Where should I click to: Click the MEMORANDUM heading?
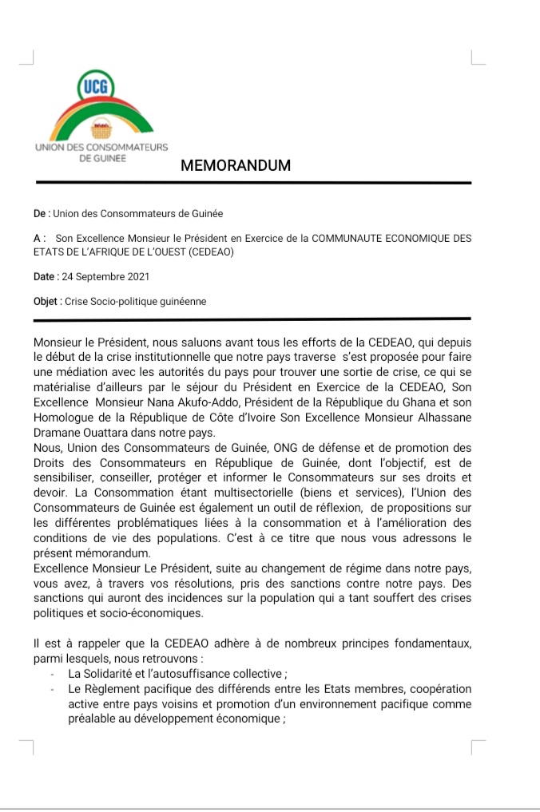tap(236, 166)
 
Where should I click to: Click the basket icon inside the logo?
tap(101, 128)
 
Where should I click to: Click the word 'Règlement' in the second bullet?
tap(120, 689)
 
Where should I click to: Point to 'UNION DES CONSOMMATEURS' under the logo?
tap(101, 148)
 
